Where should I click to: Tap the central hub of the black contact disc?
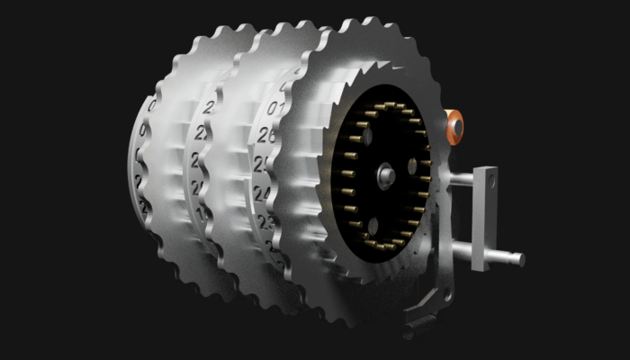click(x=384, y=174)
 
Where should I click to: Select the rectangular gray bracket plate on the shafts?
click(x=486, y=216)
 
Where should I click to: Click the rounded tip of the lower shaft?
click(x=519, y=259)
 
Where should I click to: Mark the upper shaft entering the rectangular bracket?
click(x=461, y=180)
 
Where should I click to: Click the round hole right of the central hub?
click(x=412, y=166)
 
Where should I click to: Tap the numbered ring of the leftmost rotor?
click(x=144, y=162)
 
